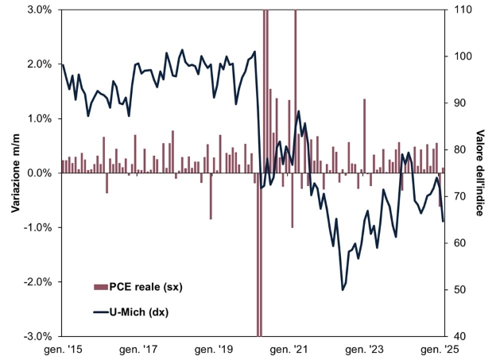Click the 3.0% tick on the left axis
pyautogui.click(x=39, y=10)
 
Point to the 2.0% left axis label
pyautogui.click(x=39, y=64)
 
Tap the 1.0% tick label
pyautogui.click(x=39, y=118)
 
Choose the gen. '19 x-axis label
pyautogui.click(x=215, y=349)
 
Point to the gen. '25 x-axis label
pyautogui.click(x=444, y=349)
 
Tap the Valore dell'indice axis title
pyautogui.click(x=482, y=173)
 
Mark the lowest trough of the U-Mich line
pyautogui.click(x=343, y=289)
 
